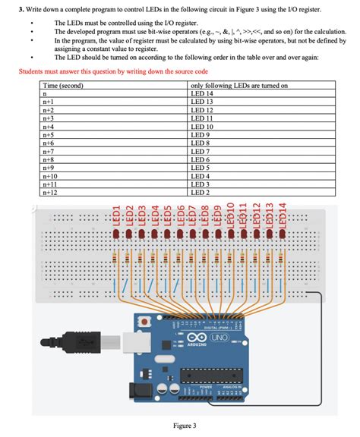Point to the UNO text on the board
pos(219,336)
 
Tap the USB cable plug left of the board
pos(83,342)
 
